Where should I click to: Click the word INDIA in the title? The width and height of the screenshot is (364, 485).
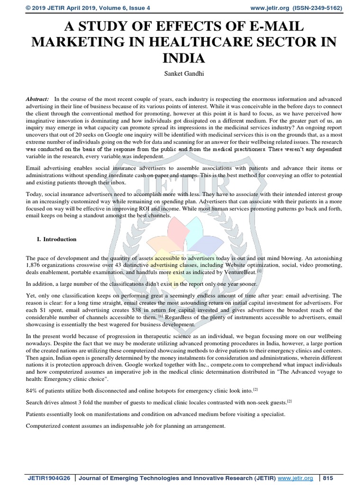click(x=182, y=58)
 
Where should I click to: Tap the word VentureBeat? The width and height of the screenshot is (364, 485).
click(x=239, y=272)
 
